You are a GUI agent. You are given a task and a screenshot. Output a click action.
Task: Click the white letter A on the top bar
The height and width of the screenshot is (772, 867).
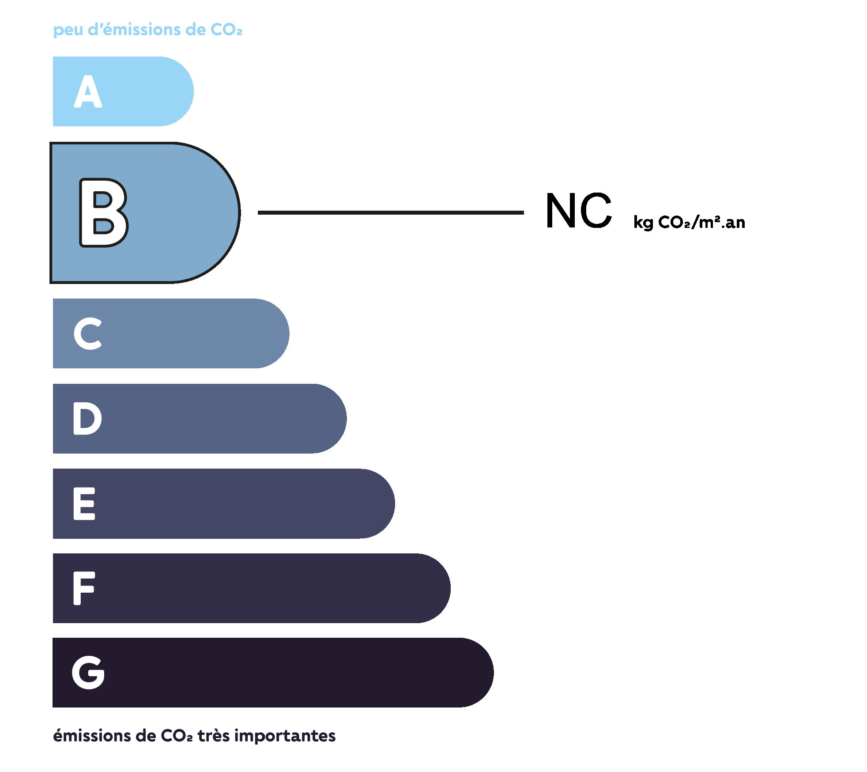(88, 91)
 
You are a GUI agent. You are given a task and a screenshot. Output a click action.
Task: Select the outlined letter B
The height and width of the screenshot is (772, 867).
(104, 212)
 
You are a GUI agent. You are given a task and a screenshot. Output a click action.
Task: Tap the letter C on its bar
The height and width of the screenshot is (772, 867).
(88, 333)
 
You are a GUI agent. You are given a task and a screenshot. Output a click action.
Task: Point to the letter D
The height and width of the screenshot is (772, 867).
(87, 418)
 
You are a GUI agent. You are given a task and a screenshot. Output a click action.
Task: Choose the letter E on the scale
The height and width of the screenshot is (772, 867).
(84, 503)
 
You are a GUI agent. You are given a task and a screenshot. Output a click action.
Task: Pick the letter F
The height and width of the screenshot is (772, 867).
(84, 588)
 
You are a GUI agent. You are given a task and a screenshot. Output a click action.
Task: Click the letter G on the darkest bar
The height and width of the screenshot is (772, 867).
(88, 672)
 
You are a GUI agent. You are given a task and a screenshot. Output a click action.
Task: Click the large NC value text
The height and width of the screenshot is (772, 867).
(579, 211)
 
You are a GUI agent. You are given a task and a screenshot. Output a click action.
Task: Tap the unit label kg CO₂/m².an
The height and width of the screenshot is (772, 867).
(689, 222)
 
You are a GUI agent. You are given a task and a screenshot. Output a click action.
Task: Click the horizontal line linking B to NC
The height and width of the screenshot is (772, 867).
(391, 212)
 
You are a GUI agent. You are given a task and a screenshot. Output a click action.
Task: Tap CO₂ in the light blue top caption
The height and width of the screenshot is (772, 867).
(226, 29)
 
